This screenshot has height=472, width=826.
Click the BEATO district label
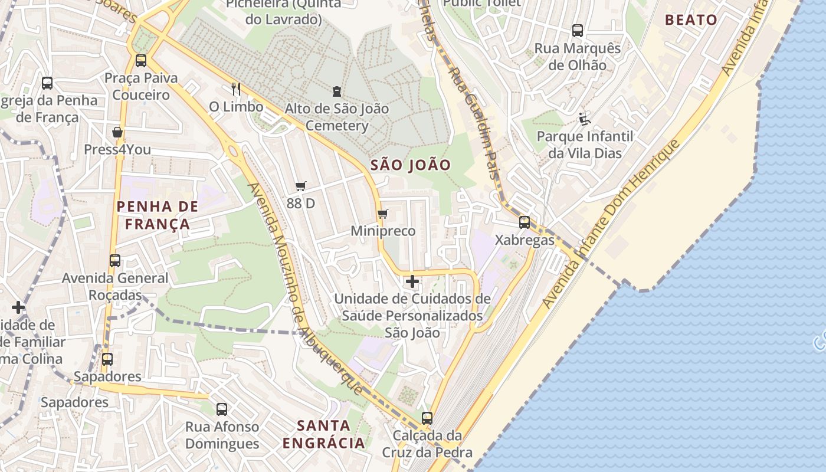[691, 20]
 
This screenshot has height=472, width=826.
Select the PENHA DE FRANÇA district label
[157, 215]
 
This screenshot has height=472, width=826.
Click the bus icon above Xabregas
[525, 222]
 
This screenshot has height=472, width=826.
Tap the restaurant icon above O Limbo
[236, 88]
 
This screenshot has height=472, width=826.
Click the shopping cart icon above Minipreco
[383, 214]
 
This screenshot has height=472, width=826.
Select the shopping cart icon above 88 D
[301, 186]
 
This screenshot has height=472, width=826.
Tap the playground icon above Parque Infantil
[585, 119]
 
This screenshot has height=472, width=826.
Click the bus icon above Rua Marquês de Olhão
[578, 30]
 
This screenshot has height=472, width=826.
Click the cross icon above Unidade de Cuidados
[412, 281]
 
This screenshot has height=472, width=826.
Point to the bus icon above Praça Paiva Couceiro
[141, 60]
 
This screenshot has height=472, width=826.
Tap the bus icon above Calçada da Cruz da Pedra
[427, 418]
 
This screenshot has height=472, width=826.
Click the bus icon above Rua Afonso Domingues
[222, 409]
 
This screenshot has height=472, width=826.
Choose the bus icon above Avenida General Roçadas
[115, 260]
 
